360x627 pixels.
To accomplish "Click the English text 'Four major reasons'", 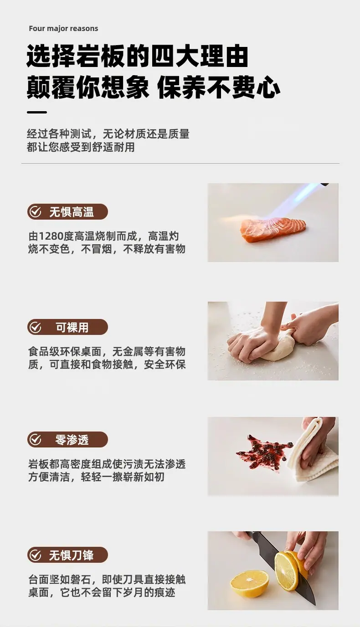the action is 63,29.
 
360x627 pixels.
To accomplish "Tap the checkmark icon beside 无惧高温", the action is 36,212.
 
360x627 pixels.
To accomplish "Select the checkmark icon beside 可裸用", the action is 36,327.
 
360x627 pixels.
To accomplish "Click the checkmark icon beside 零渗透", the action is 36,439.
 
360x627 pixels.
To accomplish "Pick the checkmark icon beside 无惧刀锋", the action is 36,555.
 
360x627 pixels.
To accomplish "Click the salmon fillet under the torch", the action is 273,230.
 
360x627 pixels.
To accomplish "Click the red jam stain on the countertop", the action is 263,451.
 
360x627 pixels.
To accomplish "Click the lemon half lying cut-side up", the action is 249,583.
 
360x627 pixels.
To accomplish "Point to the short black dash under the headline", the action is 36,112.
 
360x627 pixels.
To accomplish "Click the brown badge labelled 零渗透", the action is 67,439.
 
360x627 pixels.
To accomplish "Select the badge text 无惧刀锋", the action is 71,555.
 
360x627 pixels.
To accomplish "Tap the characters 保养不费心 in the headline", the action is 219,87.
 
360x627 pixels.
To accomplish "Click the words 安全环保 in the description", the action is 165,365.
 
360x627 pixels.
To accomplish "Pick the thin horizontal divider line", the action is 180,163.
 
